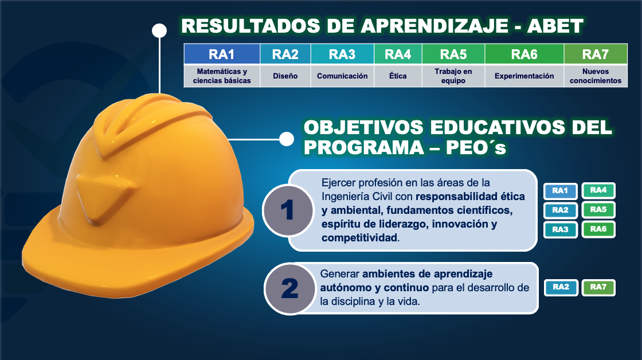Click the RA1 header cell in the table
(221, 54)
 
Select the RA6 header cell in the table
(524, 54)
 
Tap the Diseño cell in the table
(285, 76)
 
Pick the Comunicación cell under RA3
(342, 76)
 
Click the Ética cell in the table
(398, 76)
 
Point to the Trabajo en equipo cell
(453, 76)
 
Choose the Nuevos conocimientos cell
(596, 76)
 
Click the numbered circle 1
(288, 210)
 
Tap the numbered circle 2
(290, 289)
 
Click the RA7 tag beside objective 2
(598, 287)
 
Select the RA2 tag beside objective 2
(561, 287)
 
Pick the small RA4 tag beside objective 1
(598, 190)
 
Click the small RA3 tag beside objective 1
(560, 229)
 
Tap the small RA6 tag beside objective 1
(598, 229)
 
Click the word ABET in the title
(555, 26)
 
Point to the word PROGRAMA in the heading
(363, 147)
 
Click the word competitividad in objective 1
(359, 237)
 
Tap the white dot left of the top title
(159, 30)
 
